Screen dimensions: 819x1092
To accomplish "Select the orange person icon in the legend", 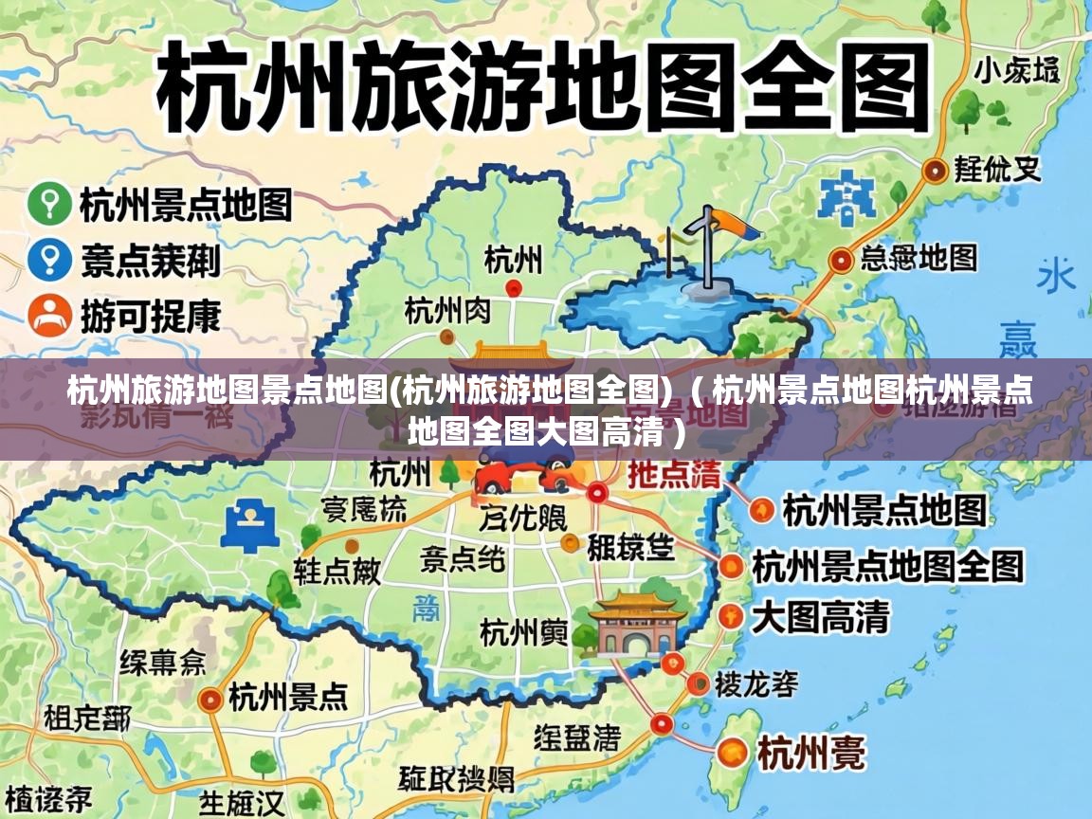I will [x=48, y=315].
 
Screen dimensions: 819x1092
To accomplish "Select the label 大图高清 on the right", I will [x=820, y=617].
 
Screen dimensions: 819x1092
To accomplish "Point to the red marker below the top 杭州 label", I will [x=514, y=287].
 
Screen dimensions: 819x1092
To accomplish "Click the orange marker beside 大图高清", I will [x=729, y=616].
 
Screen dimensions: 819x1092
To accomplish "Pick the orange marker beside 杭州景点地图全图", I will [x=732, y=567].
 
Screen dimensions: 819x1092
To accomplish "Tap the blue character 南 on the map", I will [x=426, y=608].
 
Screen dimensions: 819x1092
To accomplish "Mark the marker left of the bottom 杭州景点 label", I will [x=211, y=700].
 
